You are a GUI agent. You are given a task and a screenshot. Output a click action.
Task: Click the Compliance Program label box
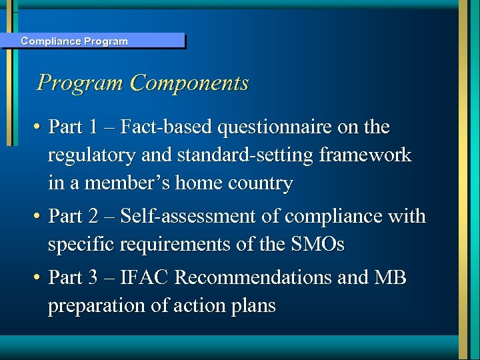click(x=93, y=41)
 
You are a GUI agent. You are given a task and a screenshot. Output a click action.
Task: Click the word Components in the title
click(x=190, y=83)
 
